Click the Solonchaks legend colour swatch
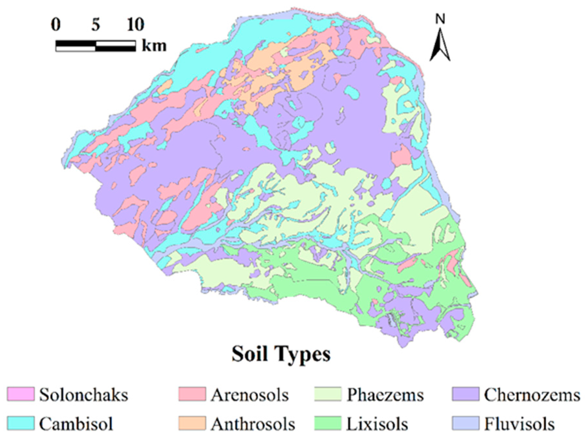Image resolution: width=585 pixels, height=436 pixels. (21, 394)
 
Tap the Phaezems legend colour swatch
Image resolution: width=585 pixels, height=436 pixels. (328, 394)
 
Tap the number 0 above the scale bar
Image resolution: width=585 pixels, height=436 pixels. (56, 25)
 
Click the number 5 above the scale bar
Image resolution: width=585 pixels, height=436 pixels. (96, 25)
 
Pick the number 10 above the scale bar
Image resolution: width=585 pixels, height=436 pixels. (136, 25)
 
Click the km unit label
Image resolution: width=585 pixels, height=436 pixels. (154, 46)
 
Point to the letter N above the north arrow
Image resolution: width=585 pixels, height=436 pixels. (440, 19)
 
